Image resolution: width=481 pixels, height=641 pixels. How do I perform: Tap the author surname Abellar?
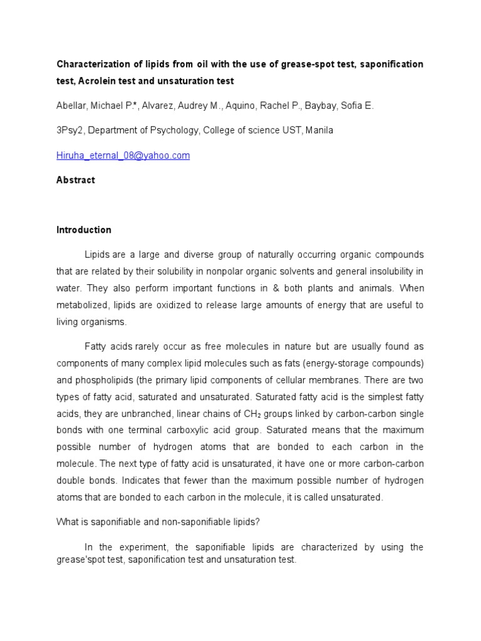click(x=73, y=106)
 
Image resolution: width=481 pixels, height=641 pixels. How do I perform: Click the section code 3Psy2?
click(x=71, y=131)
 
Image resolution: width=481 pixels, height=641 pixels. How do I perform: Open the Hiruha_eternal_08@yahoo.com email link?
click(x=123, y=155)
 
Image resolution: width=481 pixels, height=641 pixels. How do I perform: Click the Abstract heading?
click(x=76, y=180)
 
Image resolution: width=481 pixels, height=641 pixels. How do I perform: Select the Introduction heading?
click(x=84, y=230)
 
